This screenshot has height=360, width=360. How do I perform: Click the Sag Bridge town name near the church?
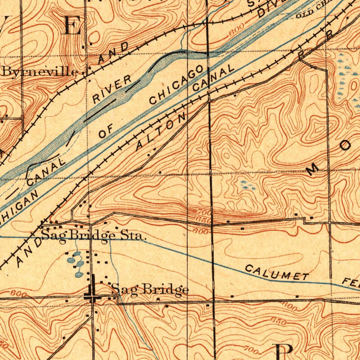[x=150, y=290]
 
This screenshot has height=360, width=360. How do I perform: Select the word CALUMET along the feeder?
[x=276, y=273]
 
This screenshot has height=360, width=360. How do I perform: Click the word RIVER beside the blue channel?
[x=112, y=89]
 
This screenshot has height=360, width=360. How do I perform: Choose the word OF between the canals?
[x=105, y=133]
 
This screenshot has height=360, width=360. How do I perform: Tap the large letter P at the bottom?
[x=283, y=352]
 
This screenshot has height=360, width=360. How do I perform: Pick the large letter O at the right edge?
[x=346, y=145]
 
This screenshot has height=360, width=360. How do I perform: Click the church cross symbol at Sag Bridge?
[x=92, y=291]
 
